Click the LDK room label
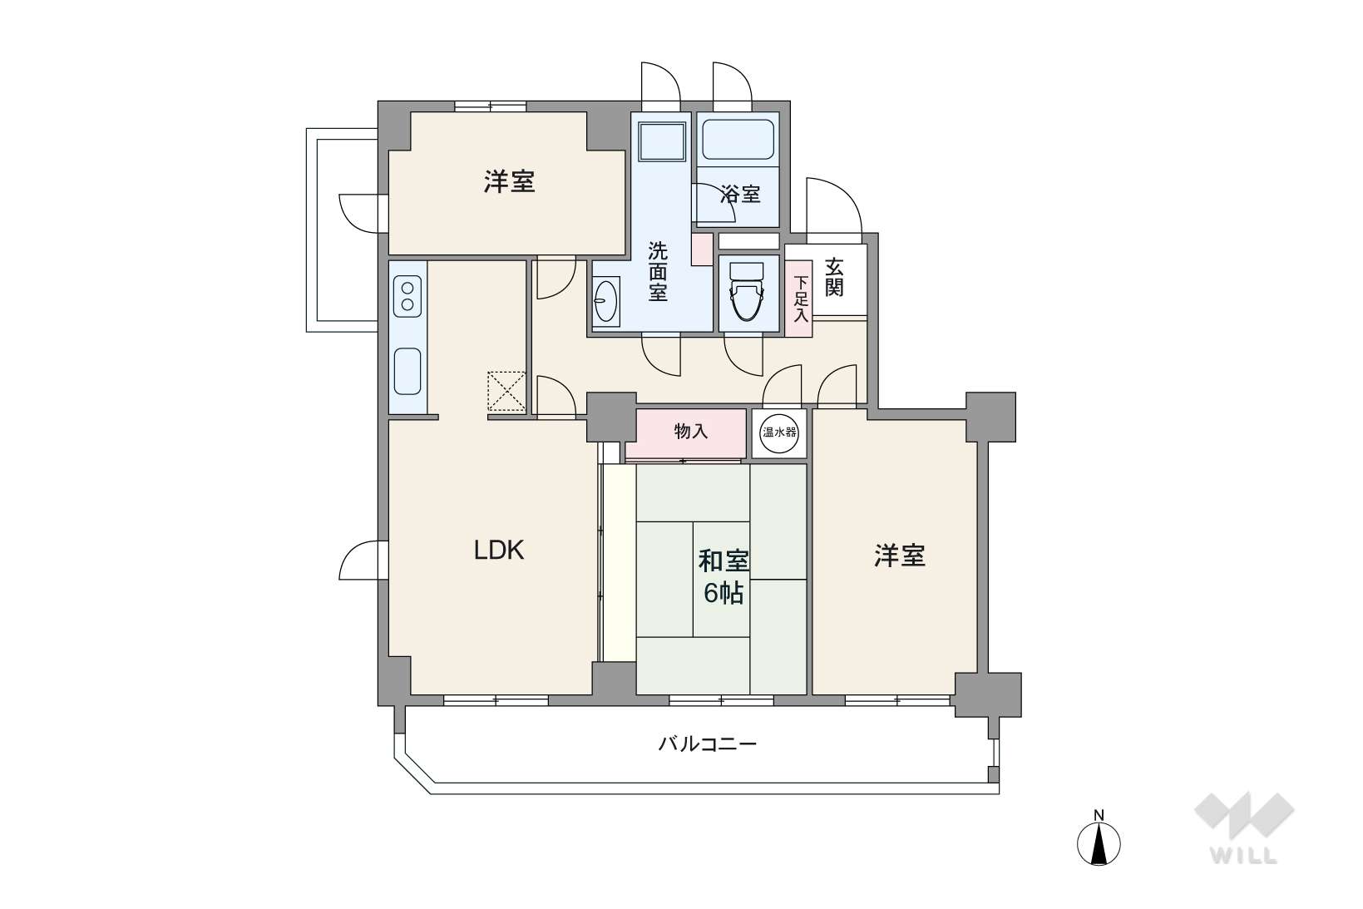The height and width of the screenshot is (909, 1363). point(499,551)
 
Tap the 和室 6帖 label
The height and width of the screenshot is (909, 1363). point(723,577)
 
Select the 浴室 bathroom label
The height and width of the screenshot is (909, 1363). point(740,195)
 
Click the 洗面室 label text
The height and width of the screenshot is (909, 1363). point(658,272)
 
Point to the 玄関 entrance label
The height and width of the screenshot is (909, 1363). point(834,277)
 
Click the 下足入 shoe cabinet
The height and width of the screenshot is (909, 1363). point(799,299)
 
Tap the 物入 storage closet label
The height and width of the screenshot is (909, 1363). point(691,432)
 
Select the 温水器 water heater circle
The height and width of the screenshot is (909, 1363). point(779,433)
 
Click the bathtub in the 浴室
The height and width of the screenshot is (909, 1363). point(738,140)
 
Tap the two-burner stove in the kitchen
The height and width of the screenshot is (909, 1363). point(407,296)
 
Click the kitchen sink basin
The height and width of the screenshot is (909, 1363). point(407,372)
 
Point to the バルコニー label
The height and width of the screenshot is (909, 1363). point(708,744)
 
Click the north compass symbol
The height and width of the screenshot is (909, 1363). point(1099,842)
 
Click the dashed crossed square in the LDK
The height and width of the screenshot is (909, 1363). point(506,391)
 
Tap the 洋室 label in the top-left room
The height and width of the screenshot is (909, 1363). point(509,182)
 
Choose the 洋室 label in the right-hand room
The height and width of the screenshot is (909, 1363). point(900,556)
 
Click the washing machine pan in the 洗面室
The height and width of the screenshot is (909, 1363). point(662,141)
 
